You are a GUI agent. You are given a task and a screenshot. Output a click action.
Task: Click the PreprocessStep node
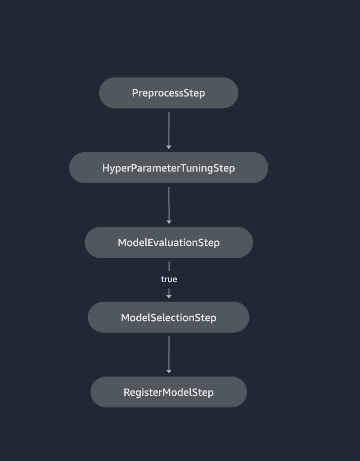(169, 93)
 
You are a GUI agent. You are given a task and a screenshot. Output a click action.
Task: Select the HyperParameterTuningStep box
(169, 168)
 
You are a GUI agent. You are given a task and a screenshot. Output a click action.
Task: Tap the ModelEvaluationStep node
(169, 242)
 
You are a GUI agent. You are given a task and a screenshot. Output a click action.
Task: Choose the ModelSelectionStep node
(169, 318)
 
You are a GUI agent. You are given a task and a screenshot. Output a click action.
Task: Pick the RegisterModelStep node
(169, 392)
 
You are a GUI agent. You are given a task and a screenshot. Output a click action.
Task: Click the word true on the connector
(169, 280)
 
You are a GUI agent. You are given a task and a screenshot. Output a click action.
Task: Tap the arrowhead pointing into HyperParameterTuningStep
(169, 148)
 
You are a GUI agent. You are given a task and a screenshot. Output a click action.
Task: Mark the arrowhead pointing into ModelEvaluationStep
(169, 222)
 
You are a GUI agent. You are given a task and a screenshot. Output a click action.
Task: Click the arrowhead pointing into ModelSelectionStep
(169, 297)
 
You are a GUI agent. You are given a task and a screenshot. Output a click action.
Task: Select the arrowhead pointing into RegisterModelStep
(169, 371)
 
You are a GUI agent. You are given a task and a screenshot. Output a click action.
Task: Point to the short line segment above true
(169, 266)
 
